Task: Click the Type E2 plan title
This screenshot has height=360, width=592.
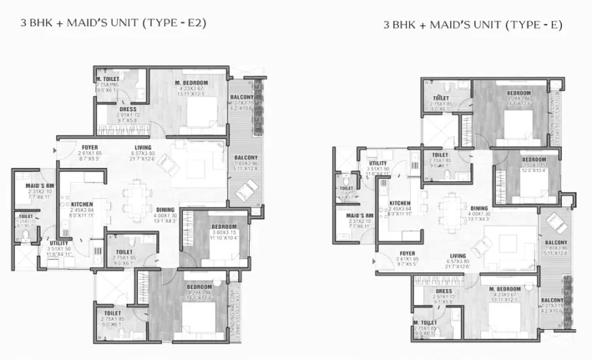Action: pyautogui.click(x=113, y=22)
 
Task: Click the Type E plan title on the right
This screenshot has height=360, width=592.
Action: pyautogui.click(x=473, y=25)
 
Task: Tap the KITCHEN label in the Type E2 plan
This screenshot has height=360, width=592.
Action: pyautogui.click(x=82, y=204)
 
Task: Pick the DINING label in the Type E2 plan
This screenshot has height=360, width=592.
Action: pyautogui.click(x=164, y=209)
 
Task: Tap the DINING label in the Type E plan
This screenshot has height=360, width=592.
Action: pyautogui.click(x=479, y=208)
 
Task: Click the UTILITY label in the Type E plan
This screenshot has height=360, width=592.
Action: pyautogui.click(x=378, y=163)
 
